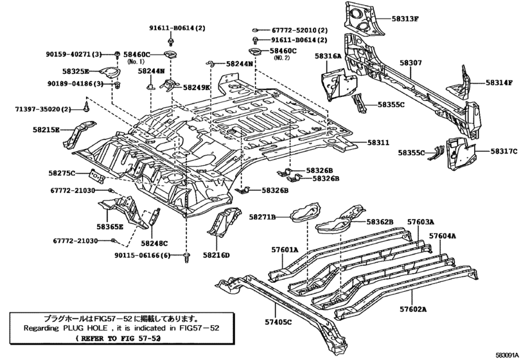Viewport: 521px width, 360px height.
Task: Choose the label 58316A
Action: [x=328, y=57]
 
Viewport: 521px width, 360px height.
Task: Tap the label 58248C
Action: [x=154, y=243]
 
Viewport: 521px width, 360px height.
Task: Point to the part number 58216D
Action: [x=216, y=255]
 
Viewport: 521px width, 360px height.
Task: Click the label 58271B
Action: [x=264, y=219]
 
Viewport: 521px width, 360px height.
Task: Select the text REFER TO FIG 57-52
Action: [x=117, y=337]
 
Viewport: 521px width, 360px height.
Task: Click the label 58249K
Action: [x=197, y=87]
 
